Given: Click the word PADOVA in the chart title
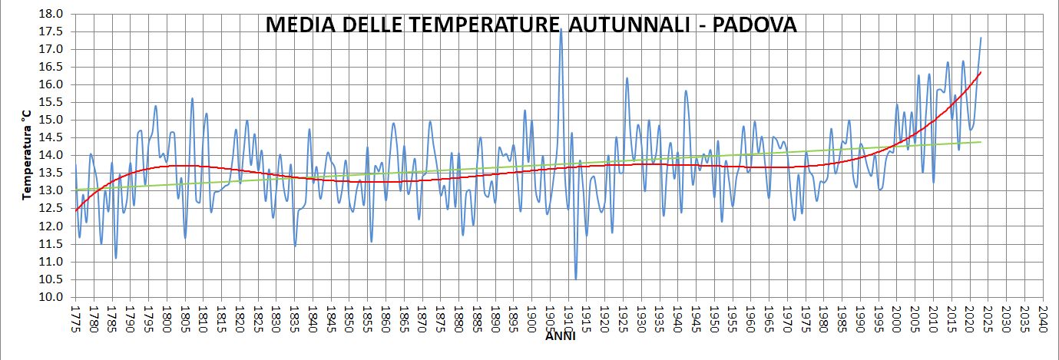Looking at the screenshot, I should [754, 25].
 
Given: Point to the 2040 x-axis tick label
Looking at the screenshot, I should [1043, 316].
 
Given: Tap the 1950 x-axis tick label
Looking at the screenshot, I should [714, 316].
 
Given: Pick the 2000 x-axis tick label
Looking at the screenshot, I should [897, 316].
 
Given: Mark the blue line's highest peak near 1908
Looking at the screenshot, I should [561, 29].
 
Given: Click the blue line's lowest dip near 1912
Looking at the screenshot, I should [575, 279].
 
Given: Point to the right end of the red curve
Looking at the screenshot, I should [981, 72].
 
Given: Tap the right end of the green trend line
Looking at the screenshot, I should [981, 141].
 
